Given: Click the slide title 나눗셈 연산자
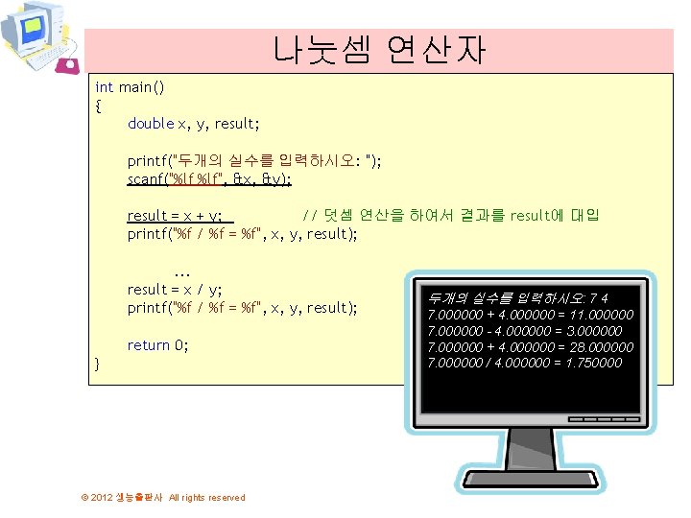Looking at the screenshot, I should pyautogui.click(x=378, y=49).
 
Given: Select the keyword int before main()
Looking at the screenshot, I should pyautogui.click(x=104, y=87).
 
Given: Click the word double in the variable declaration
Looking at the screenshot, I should pyautogui.click(x=151, y=124).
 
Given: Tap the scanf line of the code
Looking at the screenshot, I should pyautogui.click(x=209, y=178).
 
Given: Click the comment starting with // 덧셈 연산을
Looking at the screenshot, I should pyautogui.click(x=450, y=216).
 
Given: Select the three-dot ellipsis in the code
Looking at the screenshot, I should pyautogui.click(x=184, y=272).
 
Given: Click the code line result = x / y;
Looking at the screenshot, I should pyautogui.click(x=176, y=290).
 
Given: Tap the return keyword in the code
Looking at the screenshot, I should pyautogui.click(x=148, y=345).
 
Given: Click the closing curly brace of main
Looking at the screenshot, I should pyautogui.click(x=98, y=364).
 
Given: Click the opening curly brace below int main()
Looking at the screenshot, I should pyautogui.click(x=99, y=106).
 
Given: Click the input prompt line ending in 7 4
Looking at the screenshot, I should pyautogui.click(x=518, y=298).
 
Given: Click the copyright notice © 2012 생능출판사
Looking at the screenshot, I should pyautogui.click(x=162, y=497).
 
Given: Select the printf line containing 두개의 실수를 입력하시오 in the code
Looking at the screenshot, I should pyautogui.click(x=254, y=161).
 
